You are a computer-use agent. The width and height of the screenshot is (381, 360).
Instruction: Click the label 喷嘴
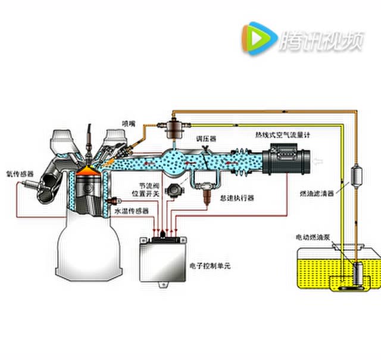click(129, 123)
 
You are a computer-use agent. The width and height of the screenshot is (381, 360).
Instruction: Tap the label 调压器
click(207, 138)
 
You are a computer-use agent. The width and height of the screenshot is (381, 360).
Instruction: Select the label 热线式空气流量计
click(282, 135)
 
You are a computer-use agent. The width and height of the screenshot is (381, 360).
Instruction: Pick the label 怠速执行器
click(237, 197)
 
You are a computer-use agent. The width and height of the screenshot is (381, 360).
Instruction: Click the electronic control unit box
click(163, 260)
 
